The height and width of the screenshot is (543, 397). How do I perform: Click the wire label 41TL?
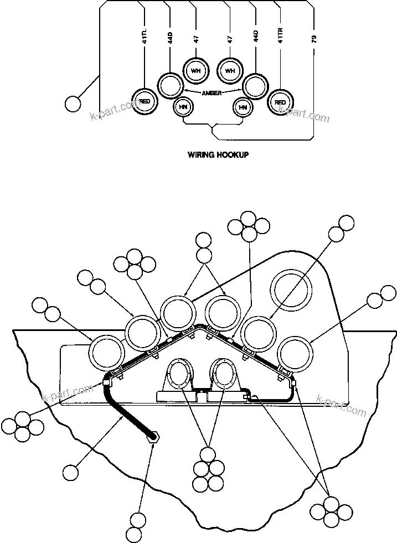click(145, 39)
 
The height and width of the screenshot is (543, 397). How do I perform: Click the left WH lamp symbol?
click(195, 70)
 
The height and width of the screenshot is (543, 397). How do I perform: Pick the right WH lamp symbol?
click(230, 70)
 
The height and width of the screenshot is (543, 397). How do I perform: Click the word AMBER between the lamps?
click(212, 93)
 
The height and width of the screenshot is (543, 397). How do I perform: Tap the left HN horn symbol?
click(182, 107)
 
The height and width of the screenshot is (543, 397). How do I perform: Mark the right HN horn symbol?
click(242, 107)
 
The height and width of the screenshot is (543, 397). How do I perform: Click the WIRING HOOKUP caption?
click(218, 155)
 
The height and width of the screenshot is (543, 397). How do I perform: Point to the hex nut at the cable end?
click(153, 437)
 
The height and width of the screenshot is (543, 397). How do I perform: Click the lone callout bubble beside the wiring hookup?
click(72, 104)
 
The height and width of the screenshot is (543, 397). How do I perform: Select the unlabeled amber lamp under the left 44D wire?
click(169, 85)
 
